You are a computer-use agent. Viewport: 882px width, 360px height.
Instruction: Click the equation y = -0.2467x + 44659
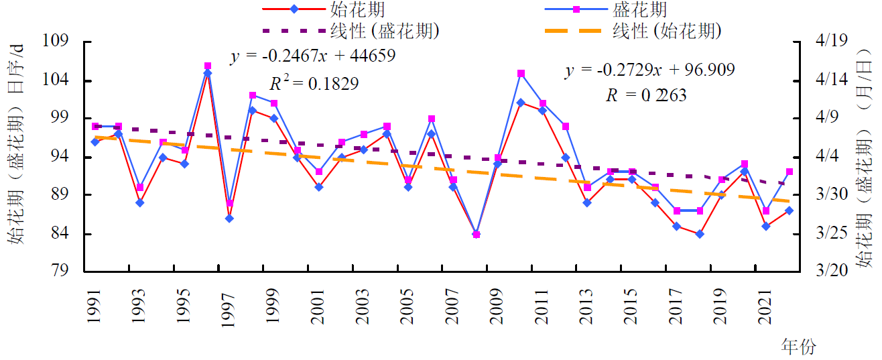click(312, 56)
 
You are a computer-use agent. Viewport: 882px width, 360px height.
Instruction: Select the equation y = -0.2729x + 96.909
click(649, 70)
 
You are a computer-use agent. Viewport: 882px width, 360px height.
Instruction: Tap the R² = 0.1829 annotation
click(314, 83)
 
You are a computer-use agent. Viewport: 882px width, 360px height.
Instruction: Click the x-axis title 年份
click(799, 347)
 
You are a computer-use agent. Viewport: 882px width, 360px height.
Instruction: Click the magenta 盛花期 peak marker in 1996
click(208, 66)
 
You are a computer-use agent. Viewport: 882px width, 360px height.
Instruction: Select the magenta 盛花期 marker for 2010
click(521, 73)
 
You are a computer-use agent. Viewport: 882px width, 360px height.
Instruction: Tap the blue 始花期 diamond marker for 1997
click(229, 219)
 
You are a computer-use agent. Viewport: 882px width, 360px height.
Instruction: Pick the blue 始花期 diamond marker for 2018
click(699, 234)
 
